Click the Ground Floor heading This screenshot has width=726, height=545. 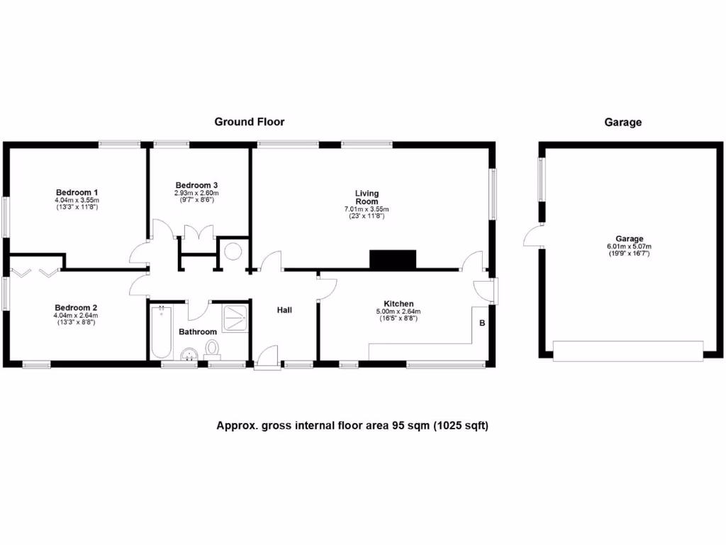coord(250,122)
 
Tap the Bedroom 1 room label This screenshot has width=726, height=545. coord(77,192)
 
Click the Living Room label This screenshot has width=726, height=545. coord(367,197)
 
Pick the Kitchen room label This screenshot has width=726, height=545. coord(398,304)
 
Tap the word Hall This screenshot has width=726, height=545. coord(284,310)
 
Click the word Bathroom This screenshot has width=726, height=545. coord(197,332)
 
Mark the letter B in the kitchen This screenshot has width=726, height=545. coord(482,324)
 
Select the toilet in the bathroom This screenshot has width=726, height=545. coord(212,348)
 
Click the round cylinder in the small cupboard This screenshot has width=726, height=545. coord(233,253)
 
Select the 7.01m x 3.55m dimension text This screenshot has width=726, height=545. coord(367,209)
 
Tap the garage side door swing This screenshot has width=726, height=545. coord(532,237)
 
